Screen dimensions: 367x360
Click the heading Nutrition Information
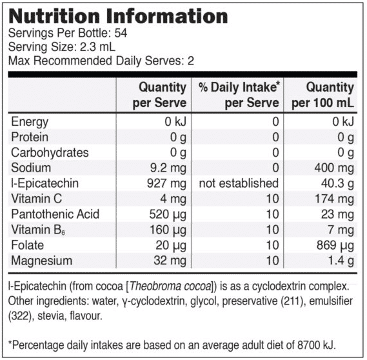118,16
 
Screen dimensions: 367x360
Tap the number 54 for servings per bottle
121,34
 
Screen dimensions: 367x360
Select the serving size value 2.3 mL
97,47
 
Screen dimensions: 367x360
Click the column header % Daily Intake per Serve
239,95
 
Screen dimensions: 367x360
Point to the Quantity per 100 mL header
322,95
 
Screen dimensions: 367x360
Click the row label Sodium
31,168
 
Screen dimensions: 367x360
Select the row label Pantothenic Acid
55,214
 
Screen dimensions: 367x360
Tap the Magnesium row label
42,261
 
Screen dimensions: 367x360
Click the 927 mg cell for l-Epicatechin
166,184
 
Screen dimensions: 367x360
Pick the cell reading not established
239,183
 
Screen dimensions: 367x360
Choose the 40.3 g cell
337,184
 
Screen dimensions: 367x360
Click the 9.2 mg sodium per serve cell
168,168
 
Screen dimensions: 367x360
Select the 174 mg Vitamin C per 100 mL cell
335,199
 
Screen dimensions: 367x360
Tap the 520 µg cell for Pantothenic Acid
168,215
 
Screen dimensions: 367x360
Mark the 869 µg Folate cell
335,246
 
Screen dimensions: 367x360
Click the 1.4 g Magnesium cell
341,261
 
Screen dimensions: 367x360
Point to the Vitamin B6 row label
38,230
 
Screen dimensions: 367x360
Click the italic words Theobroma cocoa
170,286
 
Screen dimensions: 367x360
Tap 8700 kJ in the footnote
317,345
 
